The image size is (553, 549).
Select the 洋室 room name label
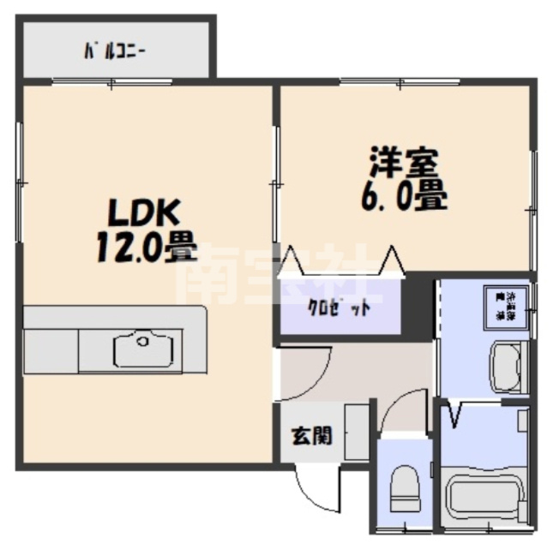(404, 164)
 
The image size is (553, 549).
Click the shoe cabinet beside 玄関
(357, 433)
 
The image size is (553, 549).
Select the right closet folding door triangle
(393, 260)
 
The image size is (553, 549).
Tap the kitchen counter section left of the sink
(51, 349)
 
